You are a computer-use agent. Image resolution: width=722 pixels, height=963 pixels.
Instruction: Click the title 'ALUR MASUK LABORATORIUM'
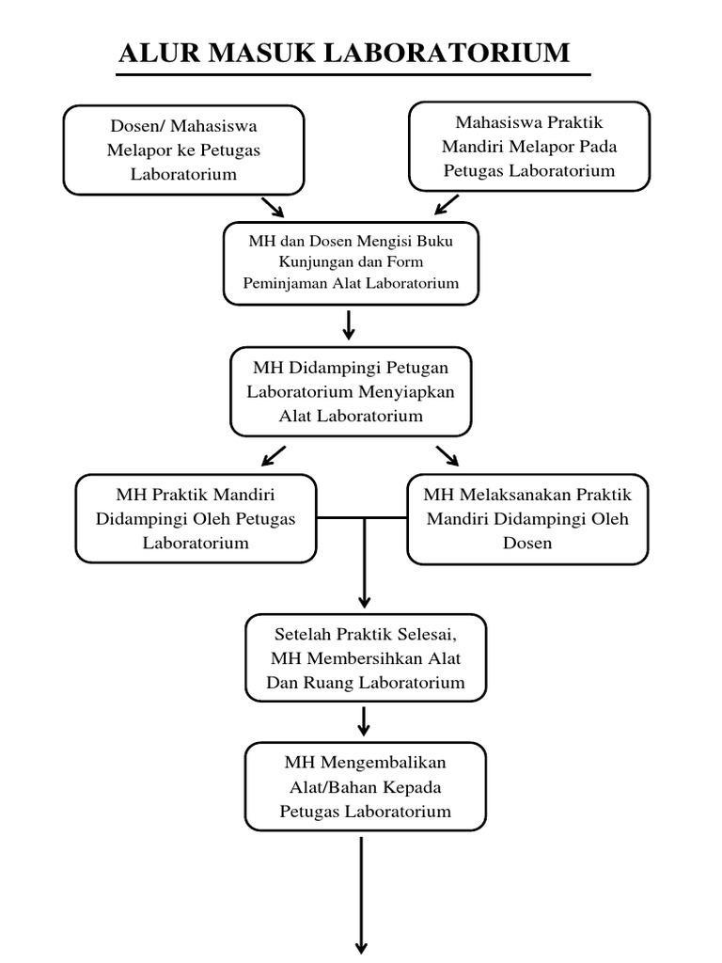click(344, 53)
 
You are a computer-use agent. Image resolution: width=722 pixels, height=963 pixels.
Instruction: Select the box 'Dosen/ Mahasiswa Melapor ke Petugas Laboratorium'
click(184, 150)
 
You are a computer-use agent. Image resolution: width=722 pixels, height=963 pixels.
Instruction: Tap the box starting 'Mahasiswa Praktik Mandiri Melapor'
click(529, 147)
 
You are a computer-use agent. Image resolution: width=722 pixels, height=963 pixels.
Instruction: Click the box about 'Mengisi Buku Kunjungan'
click(351, 262)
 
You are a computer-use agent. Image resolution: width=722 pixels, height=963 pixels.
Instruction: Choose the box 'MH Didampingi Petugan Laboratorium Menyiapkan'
click(351, 391)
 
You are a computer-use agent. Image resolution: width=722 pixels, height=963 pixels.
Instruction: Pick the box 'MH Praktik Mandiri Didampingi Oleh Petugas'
click(196, 518)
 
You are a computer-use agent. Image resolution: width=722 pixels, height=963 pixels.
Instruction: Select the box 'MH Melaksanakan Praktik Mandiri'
click(527, 518)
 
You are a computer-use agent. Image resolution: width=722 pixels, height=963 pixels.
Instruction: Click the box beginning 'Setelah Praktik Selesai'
click(366, 657)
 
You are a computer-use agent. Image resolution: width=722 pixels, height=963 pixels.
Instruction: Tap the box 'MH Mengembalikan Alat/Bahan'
click(365, 786)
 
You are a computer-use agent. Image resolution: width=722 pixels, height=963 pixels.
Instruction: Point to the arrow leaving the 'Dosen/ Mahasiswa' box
click(272, 207)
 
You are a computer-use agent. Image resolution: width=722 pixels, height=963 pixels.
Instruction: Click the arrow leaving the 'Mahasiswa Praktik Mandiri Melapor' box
click(447, 205)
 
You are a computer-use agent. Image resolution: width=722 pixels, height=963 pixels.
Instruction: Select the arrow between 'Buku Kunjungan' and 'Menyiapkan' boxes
click(349, 324)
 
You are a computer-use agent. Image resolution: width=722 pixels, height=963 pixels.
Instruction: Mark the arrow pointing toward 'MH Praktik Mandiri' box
click(274, 456)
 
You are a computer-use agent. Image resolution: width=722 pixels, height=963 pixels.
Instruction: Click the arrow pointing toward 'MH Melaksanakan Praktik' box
click(447, 456)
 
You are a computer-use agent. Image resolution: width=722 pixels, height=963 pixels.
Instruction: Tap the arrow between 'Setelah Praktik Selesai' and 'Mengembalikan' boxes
click(365, 721)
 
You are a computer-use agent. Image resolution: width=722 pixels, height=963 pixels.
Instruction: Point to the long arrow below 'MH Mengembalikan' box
click(361, 893)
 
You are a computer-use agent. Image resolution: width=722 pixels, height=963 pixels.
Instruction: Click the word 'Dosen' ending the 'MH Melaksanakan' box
click(527, 543)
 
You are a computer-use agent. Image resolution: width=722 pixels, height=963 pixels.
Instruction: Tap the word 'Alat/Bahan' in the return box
click(337, 786)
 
